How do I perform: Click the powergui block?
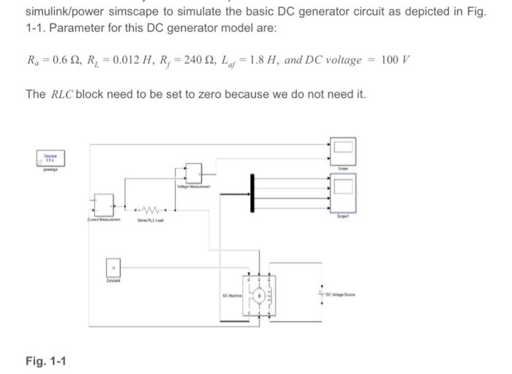(x=51, y=159)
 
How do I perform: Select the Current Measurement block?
(x=102, y=203)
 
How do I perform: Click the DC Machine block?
(x=259, y=297)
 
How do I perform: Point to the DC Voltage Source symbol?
(x=320, y=292)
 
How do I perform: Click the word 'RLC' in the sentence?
(x=61, y=95)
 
